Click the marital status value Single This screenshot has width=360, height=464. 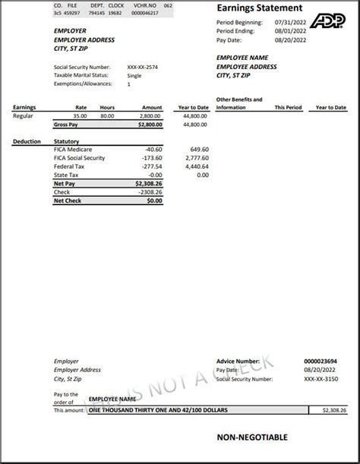point(134,75)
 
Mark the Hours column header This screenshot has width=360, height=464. point(107,108)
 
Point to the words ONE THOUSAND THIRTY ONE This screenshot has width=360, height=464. point(133,410)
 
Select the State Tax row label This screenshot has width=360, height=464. point(67,175)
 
